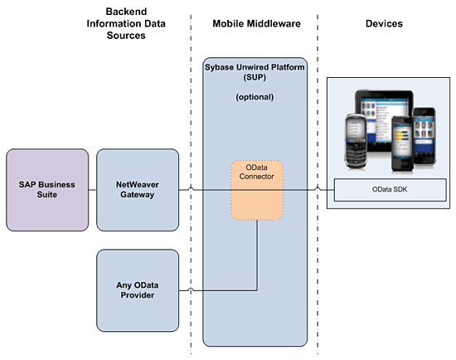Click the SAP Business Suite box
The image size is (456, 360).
click(x=47, y=190)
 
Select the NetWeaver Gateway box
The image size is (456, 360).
click(x=138, y=190)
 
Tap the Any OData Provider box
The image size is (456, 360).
click(x=138, y=290)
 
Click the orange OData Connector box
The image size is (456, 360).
click(x=257, y=190)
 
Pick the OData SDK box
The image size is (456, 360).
click(x=390, y=190)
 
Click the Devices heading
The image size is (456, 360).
click(x=384, y=23)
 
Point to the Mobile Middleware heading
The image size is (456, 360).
click(x=256, y=23)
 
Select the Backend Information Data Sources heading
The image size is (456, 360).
click(x=126, y=23)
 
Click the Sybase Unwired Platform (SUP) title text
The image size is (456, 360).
click(x=255, y=72)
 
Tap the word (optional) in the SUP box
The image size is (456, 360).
click(x=255, y=97)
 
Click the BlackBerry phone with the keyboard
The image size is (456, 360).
click(x=356, y=141)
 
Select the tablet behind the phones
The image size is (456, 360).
click(x=384, y=120)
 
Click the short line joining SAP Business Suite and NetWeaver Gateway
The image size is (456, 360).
click(x=93, y=190)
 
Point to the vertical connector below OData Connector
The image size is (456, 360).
click(x=257, y=255)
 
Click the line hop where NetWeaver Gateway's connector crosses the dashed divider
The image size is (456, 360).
click(x=191, y=189)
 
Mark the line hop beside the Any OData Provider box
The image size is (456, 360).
click(x=191, y=289)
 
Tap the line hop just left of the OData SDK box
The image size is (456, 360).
click(x=318, y=189)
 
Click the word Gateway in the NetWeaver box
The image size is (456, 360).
click(x=138, y=195)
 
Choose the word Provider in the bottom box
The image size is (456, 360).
click(x=138, y=295)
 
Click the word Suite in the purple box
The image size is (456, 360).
click(x=46, y=194)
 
